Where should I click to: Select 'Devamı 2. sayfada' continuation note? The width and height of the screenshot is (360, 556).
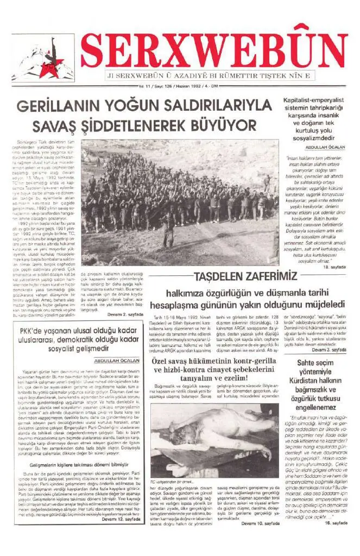point(126,314)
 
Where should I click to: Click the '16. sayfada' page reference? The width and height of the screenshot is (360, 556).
point(336,523)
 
